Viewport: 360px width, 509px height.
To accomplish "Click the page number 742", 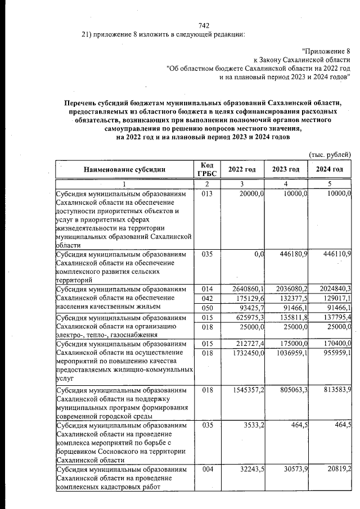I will point(204,26).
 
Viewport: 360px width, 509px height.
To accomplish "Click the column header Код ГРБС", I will point(206,169).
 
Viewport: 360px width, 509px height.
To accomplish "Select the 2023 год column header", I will point(286,169).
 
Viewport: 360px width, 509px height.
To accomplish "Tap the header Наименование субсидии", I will point(124,169).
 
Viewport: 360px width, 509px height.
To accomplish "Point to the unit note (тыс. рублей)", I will point(330,154).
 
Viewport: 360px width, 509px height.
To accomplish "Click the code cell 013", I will point(206,194).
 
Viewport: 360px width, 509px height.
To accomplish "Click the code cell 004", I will point(206,469).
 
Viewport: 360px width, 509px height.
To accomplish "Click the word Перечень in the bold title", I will point(82,102).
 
